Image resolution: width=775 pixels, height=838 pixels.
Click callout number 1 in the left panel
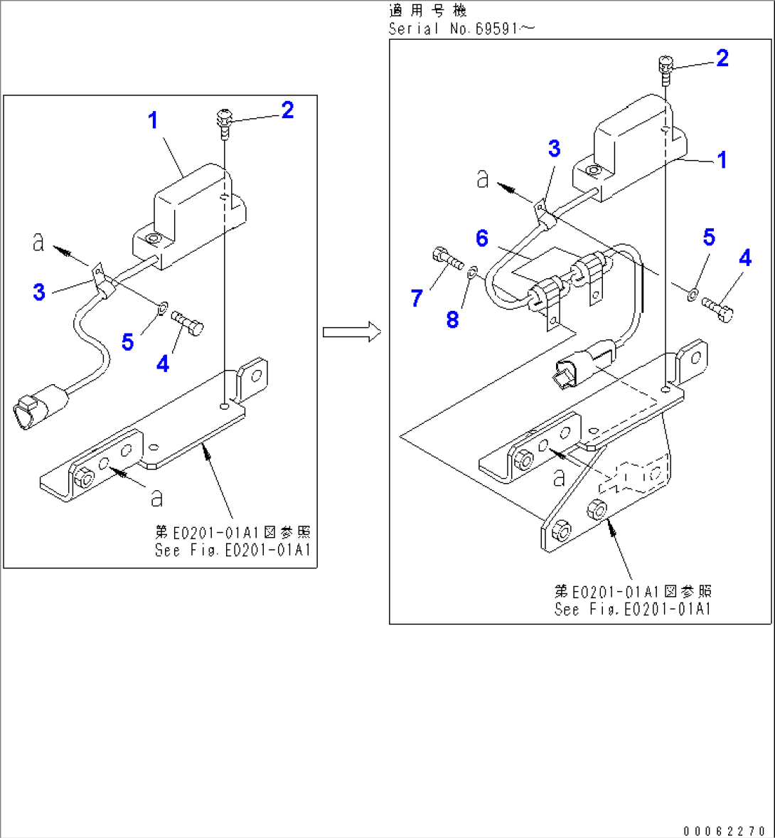153,120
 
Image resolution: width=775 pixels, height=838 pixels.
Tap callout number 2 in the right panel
722,58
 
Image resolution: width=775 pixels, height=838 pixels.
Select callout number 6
482,238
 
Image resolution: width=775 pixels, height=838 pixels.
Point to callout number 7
417,298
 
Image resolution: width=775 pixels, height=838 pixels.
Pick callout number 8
453,319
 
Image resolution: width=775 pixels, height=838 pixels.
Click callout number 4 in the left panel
163,364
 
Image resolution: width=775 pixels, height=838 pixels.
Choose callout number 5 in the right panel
709,237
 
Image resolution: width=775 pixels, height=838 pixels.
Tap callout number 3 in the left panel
39,292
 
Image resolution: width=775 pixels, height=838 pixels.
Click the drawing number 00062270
725,830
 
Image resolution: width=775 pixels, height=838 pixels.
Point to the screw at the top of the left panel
225,120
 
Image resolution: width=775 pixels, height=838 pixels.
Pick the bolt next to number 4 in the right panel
717,309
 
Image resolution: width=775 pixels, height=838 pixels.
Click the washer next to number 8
473,270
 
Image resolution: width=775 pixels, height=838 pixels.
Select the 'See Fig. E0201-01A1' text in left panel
232,550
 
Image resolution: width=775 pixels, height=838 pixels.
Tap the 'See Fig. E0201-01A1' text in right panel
632,609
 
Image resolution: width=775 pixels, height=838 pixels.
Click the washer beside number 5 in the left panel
161,308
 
